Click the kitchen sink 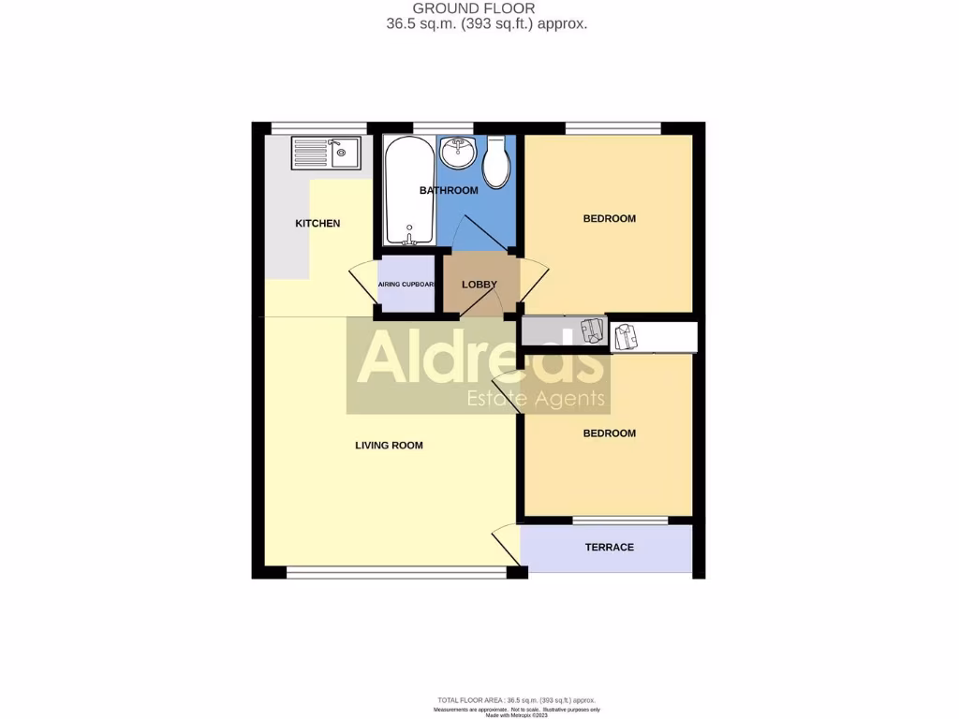(x=325, y=153)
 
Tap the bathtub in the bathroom (x=409, y=190)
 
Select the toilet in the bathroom (x=496, y=162)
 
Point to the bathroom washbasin (x=458, y=151)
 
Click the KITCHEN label (x=317, y=223)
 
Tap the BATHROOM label (x=449, y=190)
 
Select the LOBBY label (x=479, y=285)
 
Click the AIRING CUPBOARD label (x=406, y=285)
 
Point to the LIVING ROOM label (x=389, y=445)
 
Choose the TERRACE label (x=609, y=547)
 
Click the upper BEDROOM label (x=609, y=218)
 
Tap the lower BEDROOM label (x=609, y=433)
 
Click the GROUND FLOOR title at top (x=486, y=8)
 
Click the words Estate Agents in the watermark (x=536, y=400)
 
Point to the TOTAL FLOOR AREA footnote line (x=517, y=700)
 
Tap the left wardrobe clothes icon (x=591, y=331)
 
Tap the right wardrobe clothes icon (x=625, y=336)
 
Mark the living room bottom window (x=395, y=572)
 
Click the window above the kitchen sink (x=318, y=127)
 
